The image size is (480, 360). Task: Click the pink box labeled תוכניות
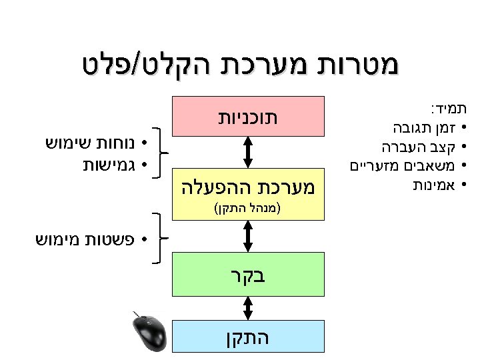(248, 115)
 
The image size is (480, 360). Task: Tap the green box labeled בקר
(248, 274)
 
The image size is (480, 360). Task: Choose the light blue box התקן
(248, 337)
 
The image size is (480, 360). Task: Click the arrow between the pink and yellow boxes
(248, 152)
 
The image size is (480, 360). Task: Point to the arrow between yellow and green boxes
(248, 235)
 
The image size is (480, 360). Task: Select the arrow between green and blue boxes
(248, 308)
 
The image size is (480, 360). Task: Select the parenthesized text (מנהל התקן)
(248, 207)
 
